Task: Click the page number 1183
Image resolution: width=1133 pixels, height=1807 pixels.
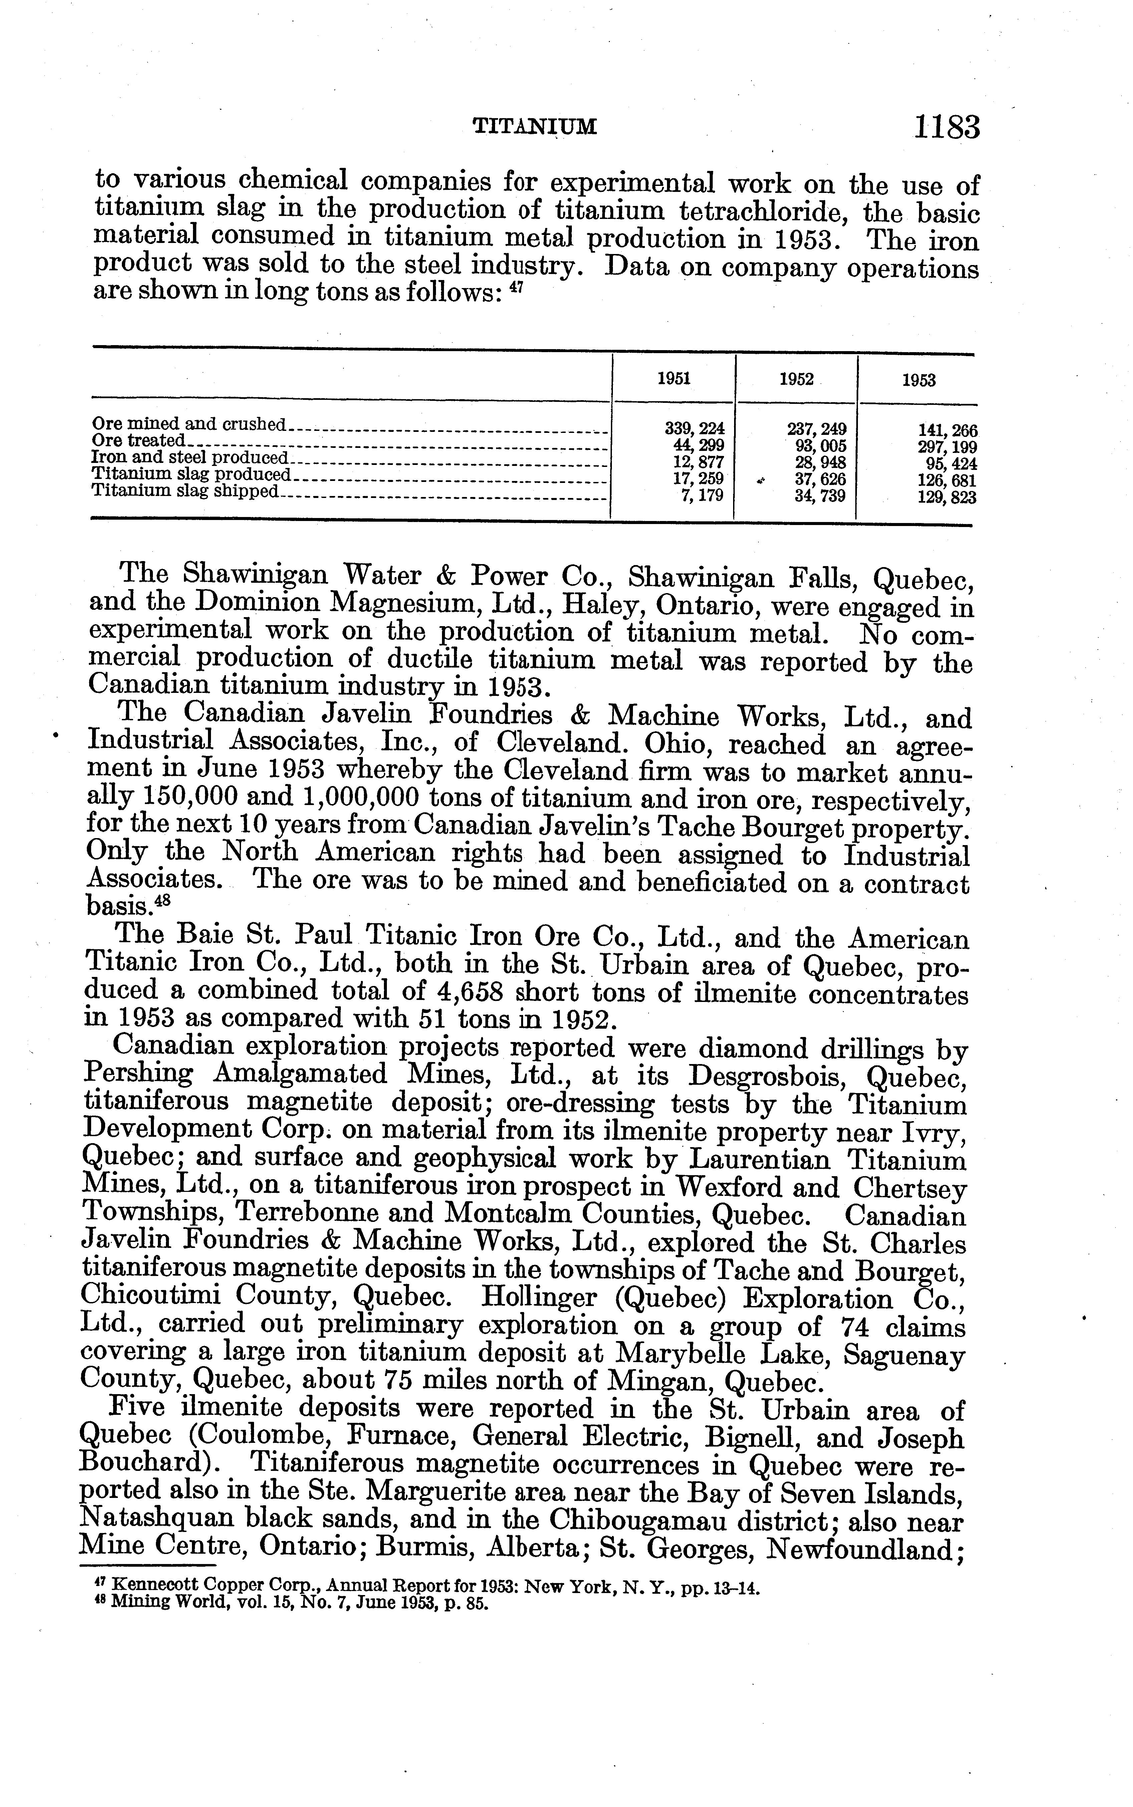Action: pyautogui.click(x=946, y=127)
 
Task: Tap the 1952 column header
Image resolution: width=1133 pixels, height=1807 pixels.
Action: pyautogui.click(x=796, y=380)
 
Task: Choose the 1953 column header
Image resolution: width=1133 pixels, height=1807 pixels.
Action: pyautogui.click(x=919, y=380)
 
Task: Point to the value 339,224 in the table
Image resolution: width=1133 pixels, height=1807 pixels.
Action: pyautogui.click(x=695, y=429)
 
